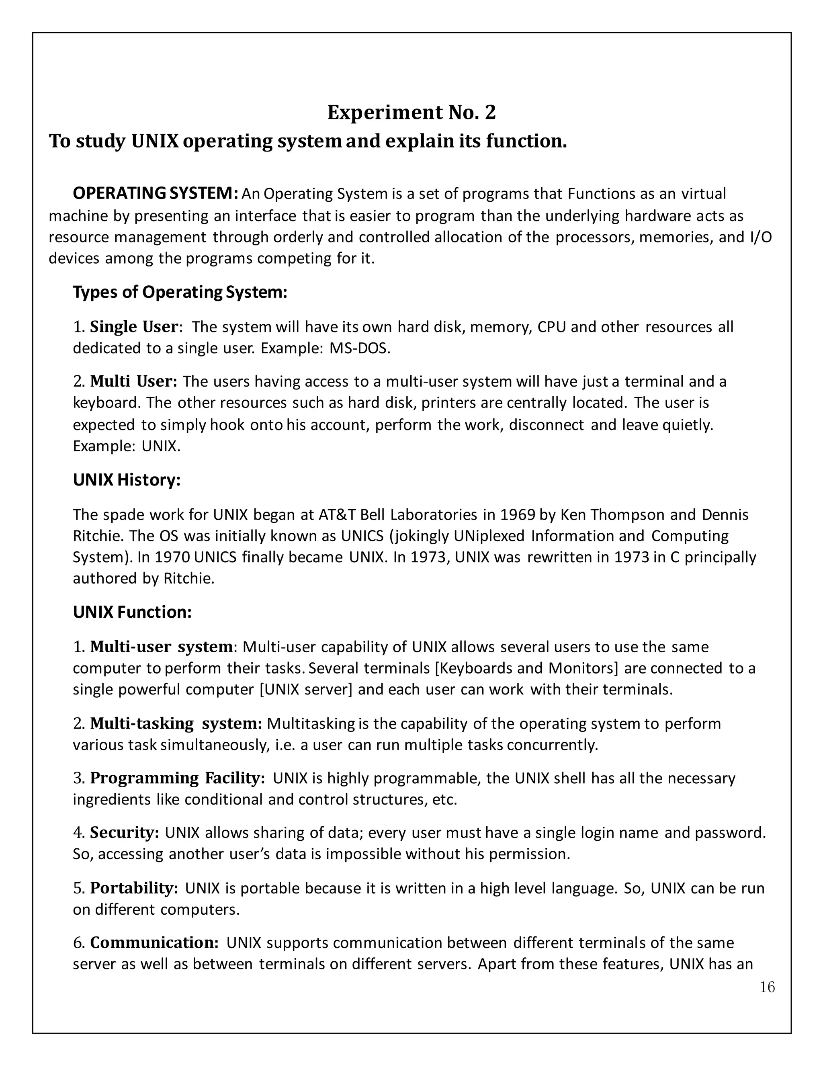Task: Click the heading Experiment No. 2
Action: click(411, 113)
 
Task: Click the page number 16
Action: click(767, 987)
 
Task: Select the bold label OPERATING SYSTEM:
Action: click(155, 194)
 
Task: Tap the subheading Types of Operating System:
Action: click(180, 292)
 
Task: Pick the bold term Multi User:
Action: click(133, 381)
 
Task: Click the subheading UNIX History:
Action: click(127, 480)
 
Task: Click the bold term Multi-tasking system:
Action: click(176, 724)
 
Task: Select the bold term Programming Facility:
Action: click(178, 778)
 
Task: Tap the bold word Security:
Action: click(124, 833)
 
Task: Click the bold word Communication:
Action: click(154, 943)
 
